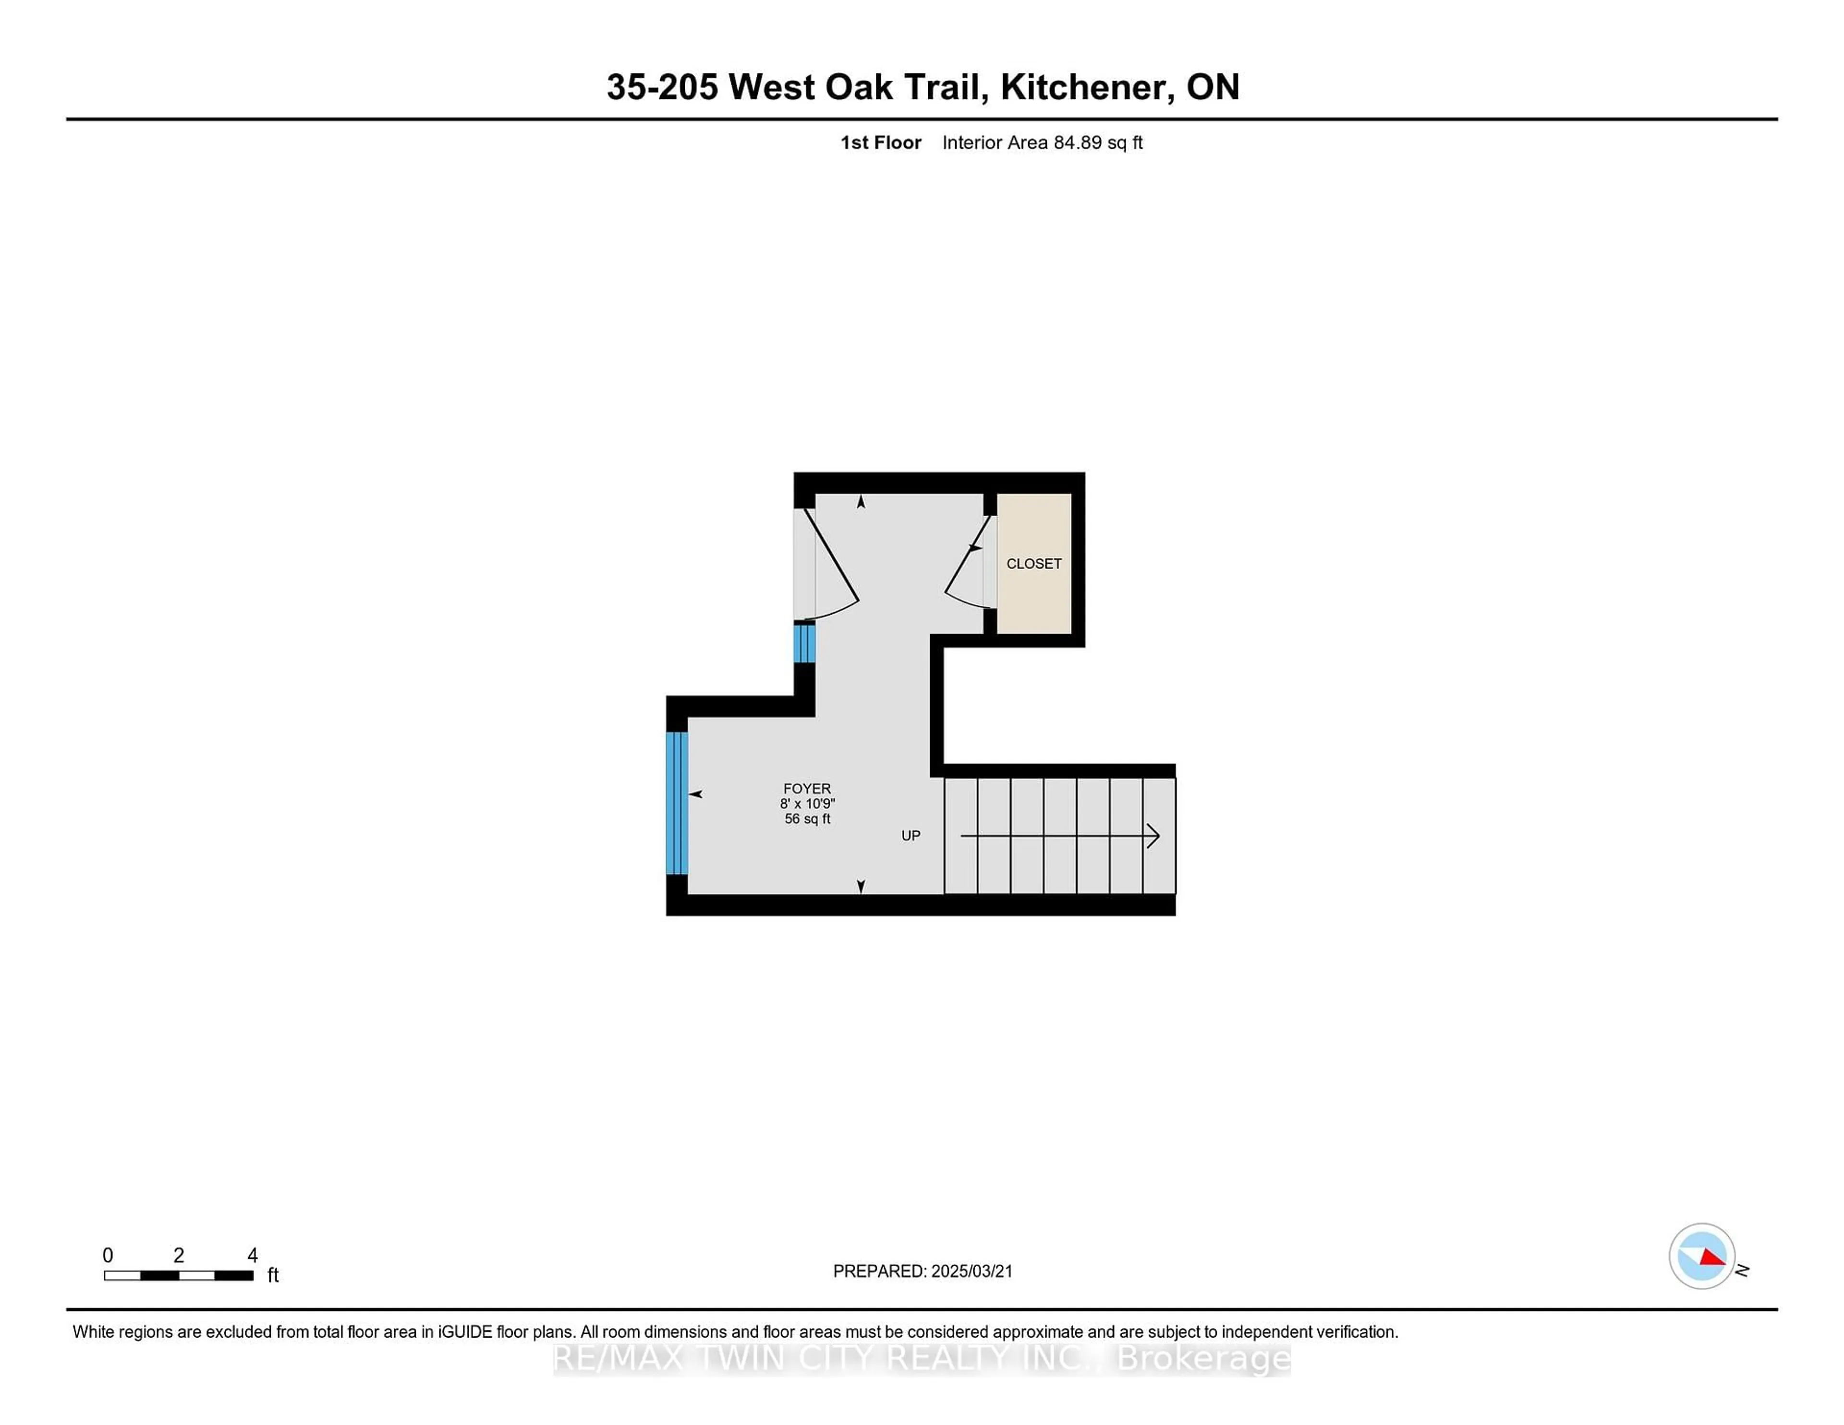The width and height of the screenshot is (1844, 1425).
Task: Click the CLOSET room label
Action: pos(1033,564)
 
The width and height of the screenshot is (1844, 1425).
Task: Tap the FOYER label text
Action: pos(807,788)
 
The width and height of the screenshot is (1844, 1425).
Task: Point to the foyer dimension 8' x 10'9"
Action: pos(807,804)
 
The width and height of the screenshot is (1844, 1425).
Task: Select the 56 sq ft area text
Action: pos(807,819)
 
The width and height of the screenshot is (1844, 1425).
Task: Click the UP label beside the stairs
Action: pos(910,836)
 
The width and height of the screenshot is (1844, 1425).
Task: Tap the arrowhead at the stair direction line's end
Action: pos(1153,836)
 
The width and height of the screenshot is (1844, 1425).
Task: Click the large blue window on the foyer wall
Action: pos(677,803)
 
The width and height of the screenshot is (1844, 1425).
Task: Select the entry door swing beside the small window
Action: pos(832,566)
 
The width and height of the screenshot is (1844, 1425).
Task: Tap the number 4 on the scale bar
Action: pos(253,1256)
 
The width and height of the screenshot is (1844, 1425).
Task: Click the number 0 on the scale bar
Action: pos(108,1256)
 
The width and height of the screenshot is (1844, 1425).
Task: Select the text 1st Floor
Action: pos(881,143)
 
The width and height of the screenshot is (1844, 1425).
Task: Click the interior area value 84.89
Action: pos(1078,143)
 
